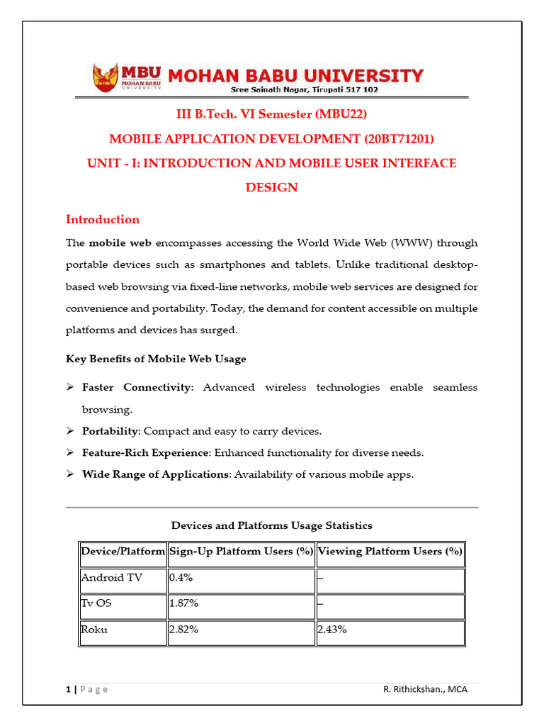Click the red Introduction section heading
[x=103, y=219]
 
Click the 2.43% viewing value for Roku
[x=332, y=630]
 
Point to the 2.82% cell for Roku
[x=183, y=630]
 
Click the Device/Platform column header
[x=123, y=552]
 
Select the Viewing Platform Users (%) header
[x=390, y=552]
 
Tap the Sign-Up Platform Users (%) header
[x=241, y=552]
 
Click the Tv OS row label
[x=98, y=605]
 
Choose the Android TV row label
[x=111, y=578]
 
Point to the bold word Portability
[x=110, y=431]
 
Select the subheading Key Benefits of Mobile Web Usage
[x=156, y=359]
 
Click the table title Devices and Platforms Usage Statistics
[x=272, y=525]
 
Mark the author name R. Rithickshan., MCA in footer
[x=424, y=690]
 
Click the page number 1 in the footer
[x=67, y=690]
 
